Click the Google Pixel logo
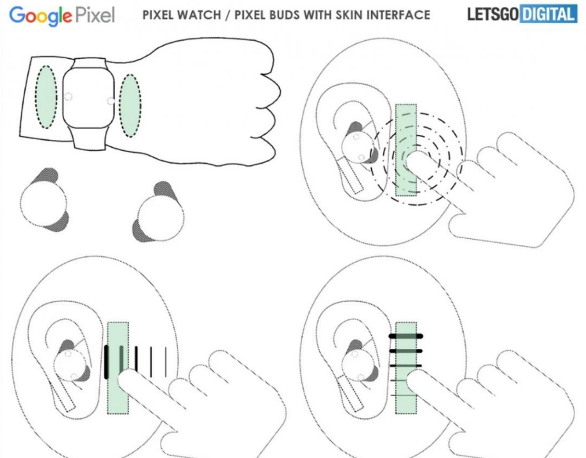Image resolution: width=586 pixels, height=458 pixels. pos(62,16)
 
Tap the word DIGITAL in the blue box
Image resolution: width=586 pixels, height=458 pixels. pos(548,15)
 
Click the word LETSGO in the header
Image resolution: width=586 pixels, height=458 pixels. pos(493,15)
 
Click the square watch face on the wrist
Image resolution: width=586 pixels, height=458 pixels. pos(88,98)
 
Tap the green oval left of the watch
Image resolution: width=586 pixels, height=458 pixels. pos(46,97)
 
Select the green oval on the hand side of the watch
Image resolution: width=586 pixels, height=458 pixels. pos(130,105)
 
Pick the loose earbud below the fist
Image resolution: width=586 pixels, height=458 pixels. pos(159,213)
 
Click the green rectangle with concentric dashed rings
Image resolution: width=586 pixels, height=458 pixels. pos(406,150)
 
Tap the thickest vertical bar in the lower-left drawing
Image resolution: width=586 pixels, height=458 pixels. pos(106,362)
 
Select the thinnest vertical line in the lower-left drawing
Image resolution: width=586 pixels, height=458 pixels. pos(166,362)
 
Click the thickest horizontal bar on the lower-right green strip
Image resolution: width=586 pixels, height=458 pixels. pos(406,337)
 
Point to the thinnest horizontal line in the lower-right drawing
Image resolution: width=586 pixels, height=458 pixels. pos(404,395)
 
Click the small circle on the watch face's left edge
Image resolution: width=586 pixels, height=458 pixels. pos(68,96)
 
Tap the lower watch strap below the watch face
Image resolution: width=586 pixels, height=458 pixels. pos(89,138)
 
